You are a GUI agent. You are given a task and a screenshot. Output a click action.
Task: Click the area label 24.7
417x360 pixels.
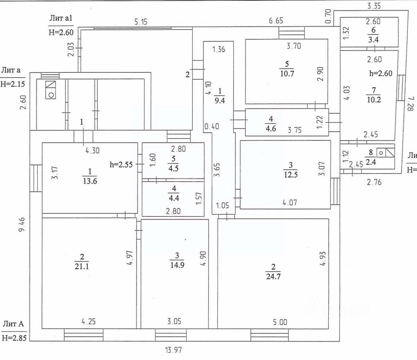273,277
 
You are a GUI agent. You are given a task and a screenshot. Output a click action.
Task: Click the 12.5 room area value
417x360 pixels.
291,174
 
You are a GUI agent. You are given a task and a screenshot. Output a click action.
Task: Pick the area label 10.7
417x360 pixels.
287,73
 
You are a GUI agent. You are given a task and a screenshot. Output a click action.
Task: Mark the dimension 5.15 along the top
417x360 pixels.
140,22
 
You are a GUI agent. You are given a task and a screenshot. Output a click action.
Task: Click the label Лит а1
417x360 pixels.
60,18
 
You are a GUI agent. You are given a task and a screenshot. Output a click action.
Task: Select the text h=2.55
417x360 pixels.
121,165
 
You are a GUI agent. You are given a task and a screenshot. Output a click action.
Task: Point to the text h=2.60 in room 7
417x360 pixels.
381,74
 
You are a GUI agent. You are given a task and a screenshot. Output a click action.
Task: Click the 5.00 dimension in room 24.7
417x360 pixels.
280,322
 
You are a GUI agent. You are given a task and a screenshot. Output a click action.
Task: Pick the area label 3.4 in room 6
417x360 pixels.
374,40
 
